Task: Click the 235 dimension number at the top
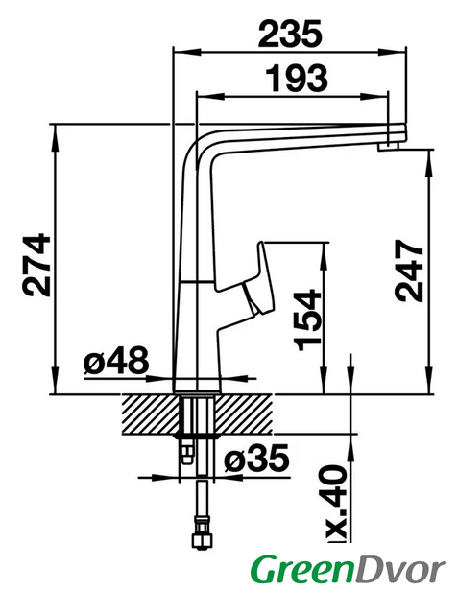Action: (290, 35)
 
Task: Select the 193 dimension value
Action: (297, 78)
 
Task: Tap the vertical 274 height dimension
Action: (36, 265)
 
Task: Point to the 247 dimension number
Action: (409, 272)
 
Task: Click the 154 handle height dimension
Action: (308, 319)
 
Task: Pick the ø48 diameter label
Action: (116, 360)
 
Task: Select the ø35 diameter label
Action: (257, 458)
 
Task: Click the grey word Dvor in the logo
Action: (399, 571)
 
